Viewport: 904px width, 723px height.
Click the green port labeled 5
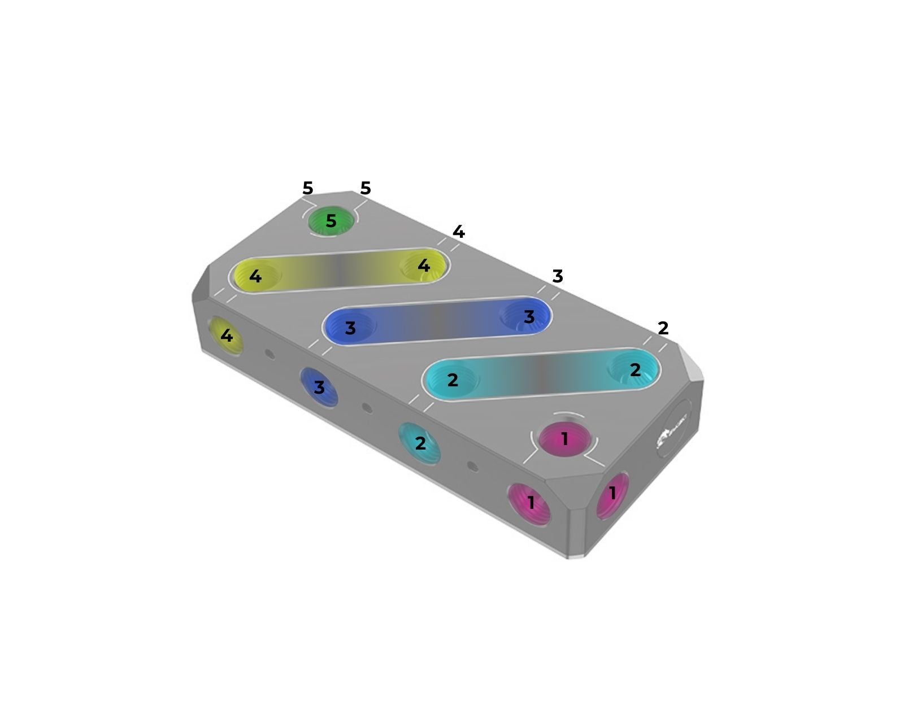[x=331, y=221]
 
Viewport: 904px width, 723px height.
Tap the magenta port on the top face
[x=564, y=439]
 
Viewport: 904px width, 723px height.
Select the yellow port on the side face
[x=226, y=336]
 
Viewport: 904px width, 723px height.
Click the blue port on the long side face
[x=319, y=387]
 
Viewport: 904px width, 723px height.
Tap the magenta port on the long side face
[x=529, y=503]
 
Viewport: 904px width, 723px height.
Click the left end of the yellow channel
[x=255, y=276]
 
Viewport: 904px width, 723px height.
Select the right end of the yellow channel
[x=423, y=265]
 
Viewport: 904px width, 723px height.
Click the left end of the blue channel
[x=350, y=328]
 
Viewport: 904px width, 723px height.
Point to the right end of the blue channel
[x=528, y=316]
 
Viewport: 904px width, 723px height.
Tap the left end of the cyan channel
[x=452, y=380]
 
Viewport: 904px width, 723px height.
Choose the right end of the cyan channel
[x=634, y=369]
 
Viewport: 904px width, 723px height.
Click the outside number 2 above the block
[x=663, y=328]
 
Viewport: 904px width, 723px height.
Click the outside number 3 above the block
[x=557, y=276]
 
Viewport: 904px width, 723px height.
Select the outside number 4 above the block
[x=458, y=232]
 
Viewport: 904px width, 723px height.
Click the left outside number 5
[x=307, y=188]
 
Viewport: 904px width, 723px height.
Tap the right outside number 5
[x=365, y=188]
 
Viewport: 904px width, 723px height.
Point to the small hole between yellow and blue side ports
[x=270, y=354]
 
